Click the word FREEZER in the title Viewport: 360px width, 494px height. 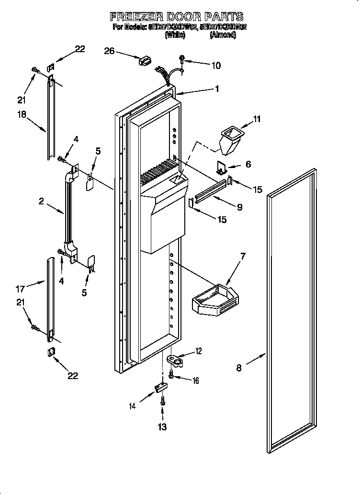pos(136,17)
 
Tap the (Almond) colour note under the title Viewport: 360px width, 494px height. pos(223,35)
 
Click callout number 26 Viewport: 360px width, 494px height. pos(109,51)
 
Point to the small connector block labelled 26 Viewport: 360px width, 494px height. pos(144,61)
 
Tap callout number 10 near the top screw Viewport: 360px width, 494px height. pos(215,66)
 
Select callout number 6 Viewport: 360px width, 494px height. pos(247,164)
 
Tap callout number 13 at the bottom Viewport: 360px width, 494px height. pos(162,427)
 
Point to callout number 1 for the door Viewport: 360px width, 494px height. pos(216,89)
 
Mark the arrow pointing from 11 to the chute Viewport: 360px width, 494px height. pos(244,125)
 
